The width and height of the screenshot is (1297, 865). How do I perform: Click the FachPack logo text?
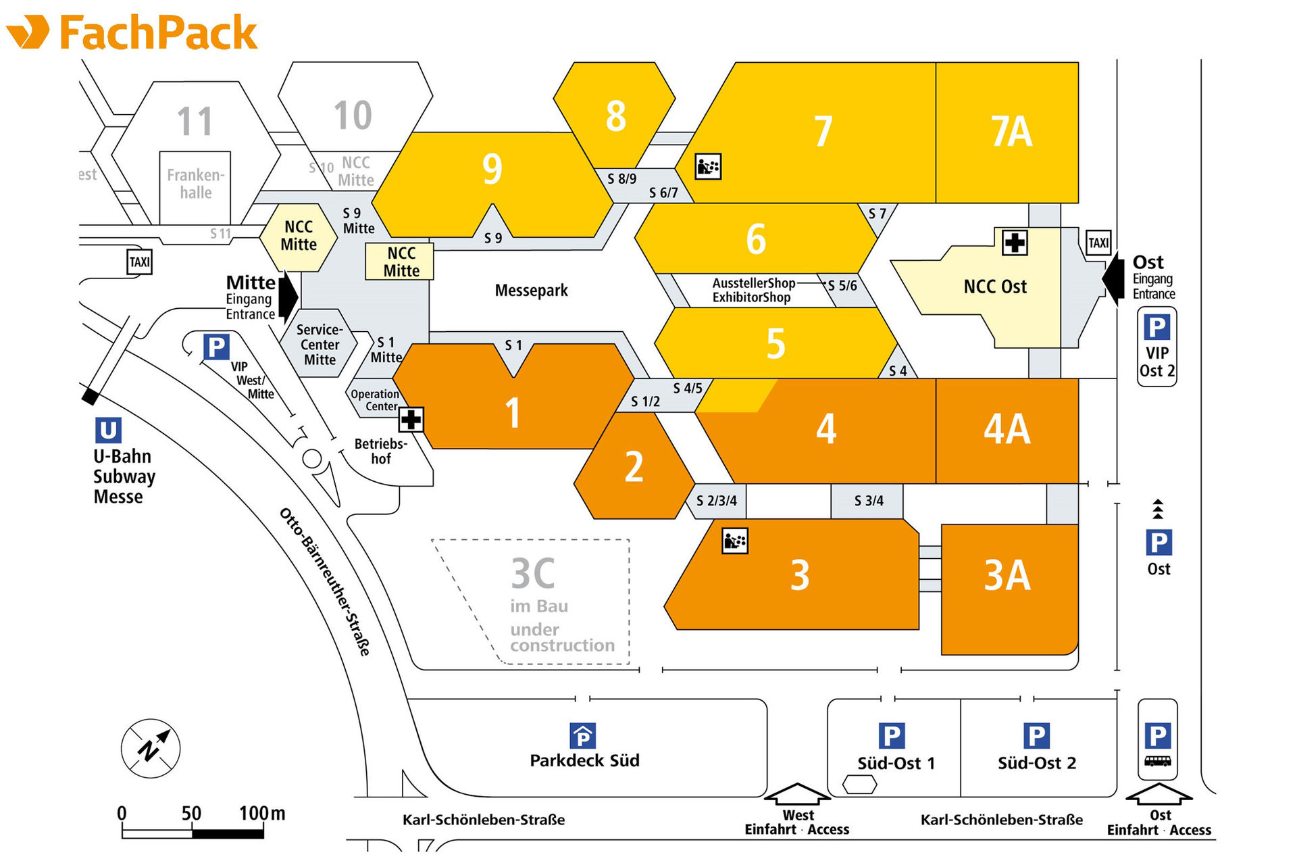tap(158, 32)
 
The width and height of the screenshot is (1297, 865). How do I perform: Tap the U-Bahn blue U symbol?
tap(108, 430)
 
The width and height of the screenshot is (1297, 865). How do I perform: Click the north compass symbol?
tap(151, 749)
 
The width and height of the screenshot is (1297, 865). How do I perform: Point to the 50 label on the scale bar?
tap(191, 813)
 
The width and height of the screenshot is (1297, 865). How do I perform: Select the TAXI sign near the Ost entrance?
tap(1098, 243)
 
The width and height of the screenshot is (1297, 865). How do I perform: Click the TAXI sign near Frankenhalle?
tap(140, 262)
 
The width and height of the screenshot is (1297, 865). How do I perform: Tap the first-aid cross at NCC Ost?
tap(1014, 243)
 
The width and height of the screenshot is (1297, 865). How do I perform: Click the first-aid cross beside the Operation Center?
tap(411, 420)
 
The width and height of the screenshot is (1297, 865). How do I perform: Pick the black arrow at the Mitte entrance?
tap(289, 296)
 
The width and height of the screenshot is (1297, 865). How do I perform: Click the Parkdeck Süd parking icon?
tap(583, 735)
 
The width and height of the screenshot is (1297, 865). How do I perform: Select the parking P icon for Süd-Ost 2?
tap(1036, 736)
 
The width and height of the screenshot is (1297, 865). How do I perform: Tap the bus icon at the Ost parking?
tap(1158, 761)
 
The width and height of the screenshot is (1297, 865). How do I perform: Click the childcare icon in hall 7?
tap(708, 166)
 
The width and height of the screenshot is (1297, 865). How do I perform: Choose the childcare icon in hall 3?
tap(735, 541)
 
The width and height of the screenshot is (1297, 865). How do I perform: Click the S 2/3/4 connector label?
tap(717, 501)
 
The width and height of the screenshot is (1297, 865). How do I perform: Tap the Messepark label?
tap(531, 291)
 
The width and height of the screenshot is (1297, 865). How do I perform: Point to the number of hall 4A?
tap(1007, 429)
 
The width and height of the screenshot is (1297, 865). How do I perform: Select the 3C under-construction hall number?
tap(533, 574)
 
